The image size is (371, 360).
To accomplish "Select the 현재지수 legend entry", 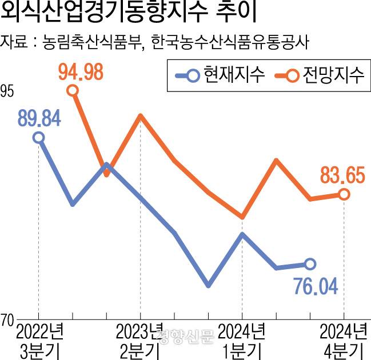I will [x=220, y=75].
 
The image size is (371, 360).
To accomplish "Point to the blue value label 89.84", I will [x=39, y=119].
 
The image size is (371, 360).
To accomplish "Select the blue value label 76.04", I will [x=316, y=284].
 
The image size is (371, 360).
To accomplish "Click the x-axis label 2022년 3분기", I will [x=39, y=340].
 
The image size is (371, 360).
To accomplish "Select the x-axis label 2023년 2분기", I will [x=140, y=340].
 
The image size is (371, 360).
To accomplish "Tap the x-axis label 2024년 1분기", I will [x=242, y=340].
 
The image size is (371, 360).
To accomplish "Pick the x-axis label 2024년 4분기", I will [x=343, y=340].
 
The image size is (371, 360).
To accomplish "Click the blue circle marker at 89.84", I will [x=38, y=137].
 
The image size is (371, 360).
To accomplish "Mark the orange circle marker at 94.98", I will [x=73, y=90].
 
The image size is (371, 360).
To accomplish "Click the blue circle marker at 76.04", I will [x=310, y=264].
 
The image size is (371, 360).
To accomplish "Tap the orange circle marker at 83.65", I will [x=344, y=195].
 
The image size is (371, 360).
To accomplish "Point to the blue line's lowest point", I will [x=208, y=285].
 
